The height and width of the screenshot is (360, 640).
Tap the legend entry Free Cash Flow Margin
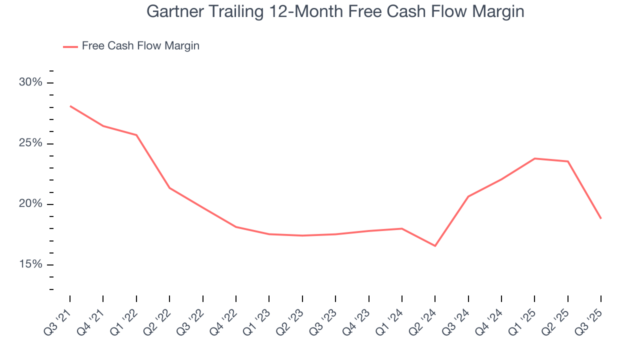[140, 46]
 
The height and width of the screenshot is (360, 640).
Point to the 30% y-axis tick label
[30, 82]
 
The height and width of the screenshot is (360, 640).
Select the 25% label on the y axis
[30, 143]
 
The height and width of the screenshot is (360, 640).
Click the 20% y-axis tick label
[30, 204]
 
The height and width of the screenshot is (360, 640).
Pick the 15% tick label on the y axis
[30, 264]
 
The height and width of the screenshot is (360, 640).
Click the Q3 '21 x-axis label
[59, 318]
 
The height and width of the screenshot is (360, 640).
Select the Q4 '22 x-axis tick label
[225, 318]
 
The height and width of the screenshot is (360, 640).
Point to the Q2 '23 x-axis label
[291, 318]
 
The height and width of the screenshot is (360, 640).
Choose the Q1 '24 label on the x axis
[391, 318]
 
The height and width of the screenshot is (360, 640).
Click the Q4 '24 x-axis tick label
[490, 318]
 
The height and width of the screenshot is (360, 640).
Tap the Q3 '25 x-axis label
[590, 318]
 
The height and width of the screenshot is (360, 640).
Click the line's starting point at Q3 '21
[70, 106]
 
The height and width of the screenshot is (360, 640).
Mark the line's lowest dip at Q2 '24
[435, 246]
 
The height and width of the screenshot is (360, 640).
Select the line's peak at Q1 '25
[534, 158]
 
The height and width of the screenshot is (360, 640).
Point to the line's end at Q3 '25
[601, 218]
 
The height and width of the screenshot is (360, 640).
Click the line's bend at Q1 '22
[136, 135]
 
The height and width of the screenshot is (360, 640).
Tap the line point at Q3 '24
[468, 196]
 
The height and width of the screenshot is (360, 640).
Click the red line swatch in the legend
[70, 46]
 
